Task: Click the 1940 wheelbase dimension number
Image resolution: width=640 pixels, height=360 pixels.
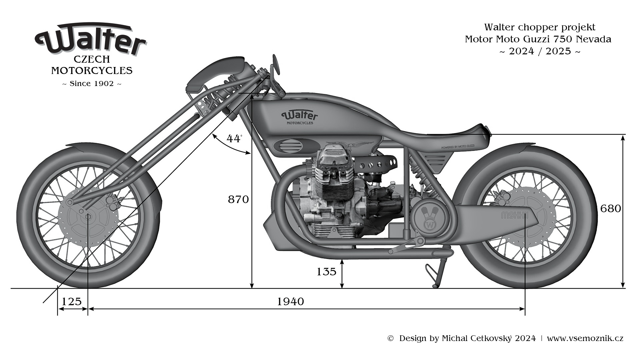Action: tap(290, 301)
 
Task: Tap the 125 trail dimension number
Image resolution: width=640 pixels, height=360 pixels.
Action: tap(72, 301)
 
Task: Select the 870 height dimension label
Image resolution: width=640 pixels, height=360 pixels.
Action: tap(238, 199)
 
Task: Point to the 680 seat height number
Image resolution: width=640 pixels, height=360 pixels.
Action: tap(610, 209)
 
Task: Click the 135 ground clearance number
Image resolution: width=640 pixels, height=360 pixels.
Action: tap(326, 272)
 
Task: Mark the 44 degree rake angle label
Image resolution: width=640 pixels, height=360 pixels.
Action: tap(234, 138)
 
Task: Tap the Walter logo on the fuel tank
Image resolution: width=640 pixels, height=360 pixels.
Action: tap(300, 116)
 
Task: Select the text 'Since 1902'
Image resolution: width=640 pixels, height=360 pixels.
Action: tap(92, 84)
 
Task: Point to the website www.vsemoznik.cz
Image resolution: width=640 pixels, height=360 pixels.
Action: tap(585, 338)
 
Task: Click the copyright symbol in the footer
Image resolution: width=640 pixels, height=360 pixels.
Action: tap(390, 339)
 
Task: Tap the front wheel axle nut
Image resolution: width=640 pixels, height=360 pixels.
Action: tap(88, 216)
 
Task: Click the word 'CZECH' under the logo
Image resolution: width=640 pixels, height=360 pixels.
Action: tap(92, 59)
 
